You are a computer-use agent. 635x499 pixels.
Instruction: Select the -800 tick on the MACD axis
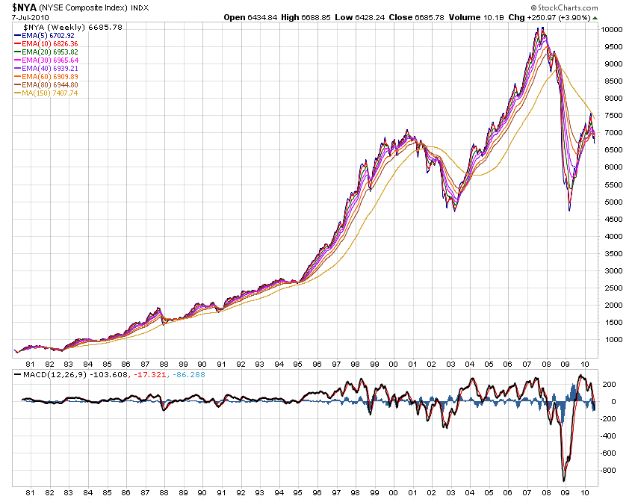(610, 471)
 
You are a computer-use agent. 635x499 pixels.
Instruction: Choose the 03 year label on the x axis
(450, 492)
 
